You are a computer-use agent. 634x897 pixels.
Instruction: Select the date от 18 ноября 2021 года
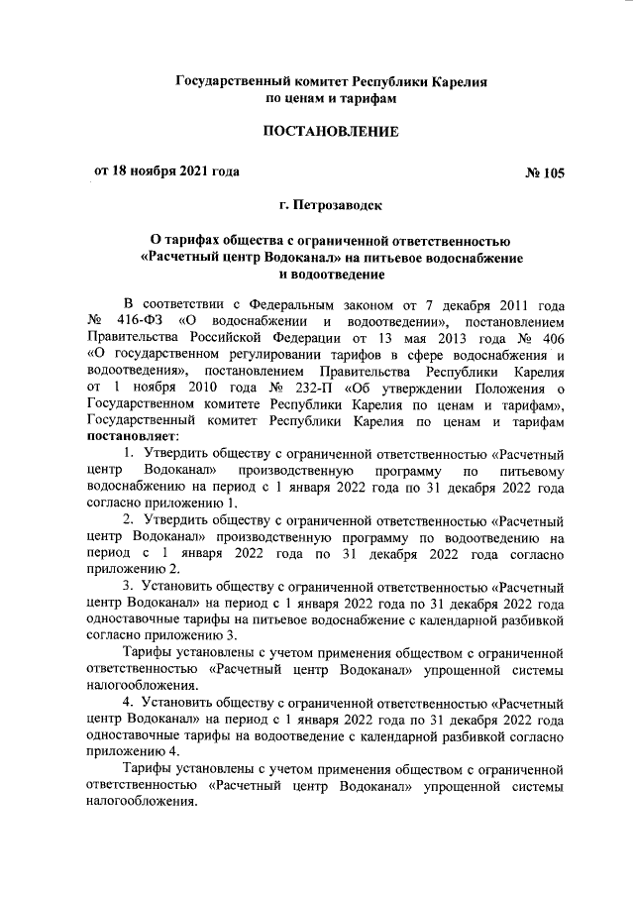[x=166, y=170]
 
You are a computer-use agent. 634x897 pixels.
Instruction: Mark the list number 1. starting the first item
[x=129, y=453]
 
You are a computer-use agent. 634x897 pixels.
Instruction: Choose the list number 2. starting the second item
[x=129, y=518]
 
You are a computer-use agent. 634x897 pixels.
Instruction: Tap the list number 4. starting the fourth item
[x=129, y=701]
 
